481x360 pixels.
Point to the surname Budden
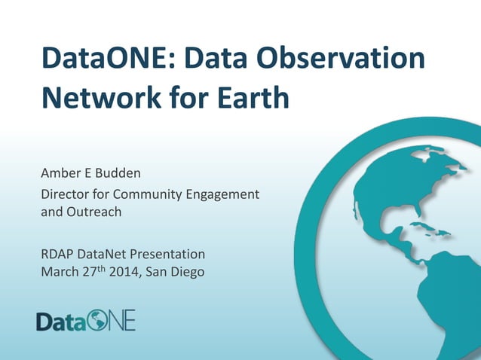115,174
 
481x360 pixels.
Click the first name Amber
60,174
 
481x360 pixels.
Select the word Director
65,194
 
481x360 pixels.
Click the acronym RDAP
57,254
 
